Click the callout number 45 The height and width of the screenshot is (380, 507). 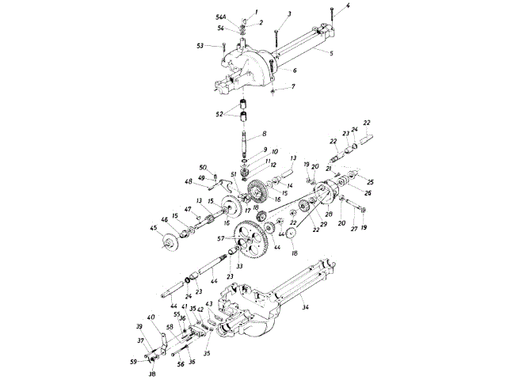154,230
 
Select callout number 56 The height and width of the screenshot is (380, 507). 181,366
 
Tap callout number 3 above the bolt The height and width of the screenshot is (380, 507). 278,14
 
